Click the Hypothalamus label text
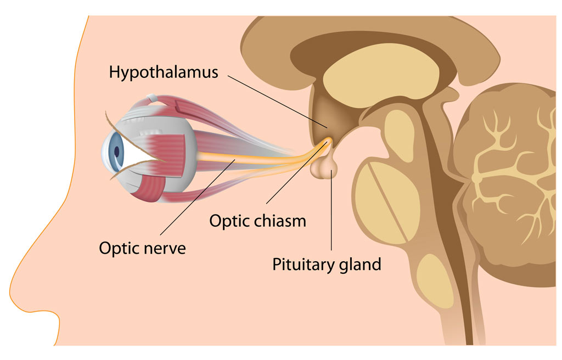[x=164, y=72]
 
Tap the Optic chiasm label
[x=257, y=221]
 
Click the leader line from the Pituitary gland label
[x=331, y=214]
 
